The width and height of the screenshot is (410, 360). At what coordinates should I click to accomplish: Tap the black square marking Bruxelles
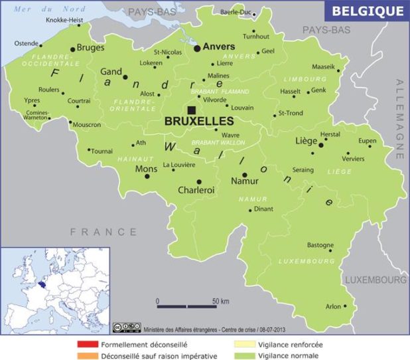tap(192, 110)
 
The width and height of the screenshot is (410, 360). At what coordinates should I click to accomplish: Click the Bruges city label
tap(91, 48)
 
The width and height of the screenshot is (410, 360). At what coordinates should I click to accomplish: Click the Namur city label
tap(243, 181)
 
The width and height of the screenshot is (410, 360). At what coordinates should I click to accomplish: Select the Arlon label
tap(332, 306)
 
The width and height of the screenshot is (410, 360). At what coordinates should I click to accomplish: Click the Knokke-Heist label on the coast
tap(64, 21)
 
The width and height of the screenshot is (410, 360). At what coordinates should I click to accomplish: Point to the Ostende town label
tap(27, 44)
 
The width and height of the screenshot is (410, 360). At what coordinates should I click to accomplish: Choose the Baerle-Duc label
tap(236, 12)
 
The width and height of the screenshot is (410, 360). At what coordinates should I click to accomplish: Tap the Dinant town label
tap(264, 209)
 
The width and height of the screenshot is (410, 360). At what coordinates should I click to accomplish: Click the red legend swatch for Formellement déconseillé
tap(88, 345)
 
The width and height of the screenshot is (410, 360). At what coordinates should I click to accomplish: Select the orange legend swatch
tap(88, 356)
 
